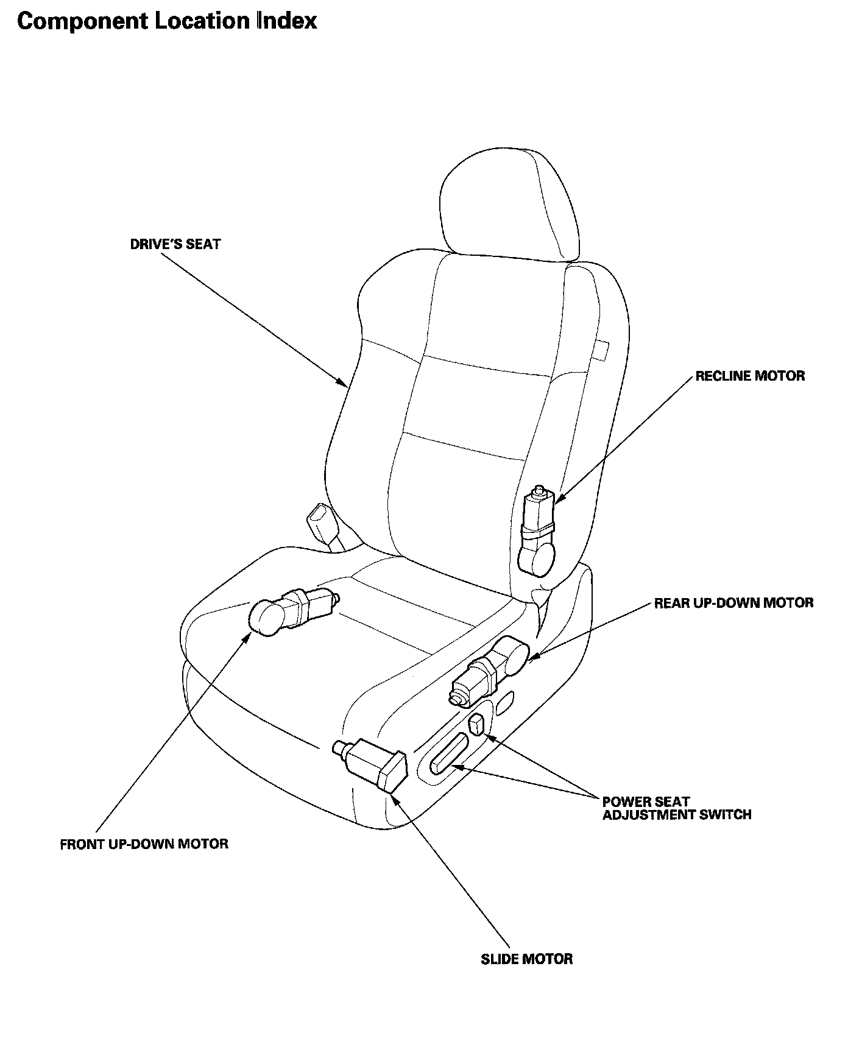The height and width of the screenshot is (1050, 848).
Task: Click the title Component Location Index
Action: tap(167, 21)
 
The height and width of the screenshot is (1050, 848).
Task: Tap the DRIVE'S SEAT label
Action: tap(175, 244)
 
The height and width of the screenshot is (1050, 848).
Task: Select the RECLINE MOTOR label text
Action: tap(750, 376)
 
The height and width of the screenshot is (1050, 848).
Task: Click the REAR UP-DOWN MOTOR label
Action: tap(733, 603)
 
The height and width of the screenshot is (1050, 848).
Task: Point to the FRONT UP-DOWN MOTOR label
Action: tap(144, 844)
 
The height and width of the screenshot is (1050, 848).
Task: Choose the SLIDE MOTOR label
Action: tap(526, 959)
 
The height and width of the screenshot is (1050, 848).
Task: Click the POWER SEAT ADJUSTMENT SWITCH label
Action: tap(676, 808)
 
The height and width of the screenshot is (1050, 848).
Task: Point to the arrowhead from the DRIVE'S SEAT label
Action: tap(343, 383)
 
